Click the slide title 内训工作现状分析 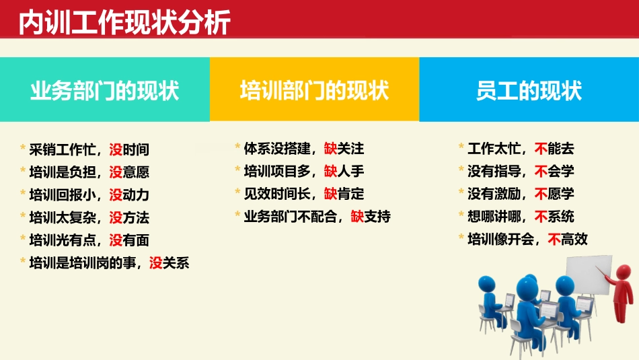125,23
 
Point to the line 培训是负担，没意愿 89,172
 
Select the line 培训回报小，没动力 89,195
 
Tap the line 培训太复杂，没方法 89,217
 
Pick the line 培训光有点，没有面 89,240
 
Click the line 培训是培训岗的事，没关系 110,263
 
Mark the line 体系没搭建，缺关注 304,149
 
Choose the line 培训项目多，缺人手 304,172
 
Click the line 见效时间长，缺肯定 304,194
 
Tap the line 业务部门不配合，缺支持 317,217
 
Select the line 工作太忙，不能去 521,149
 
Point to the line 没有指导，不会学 521,172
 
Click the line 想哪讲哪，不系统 521,217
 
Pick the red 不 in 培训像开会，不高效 554,239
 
